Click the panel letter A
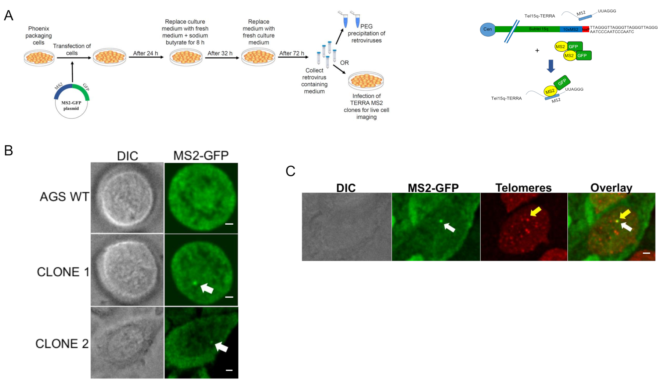point(8,15)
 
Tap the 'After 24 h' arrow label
point(145,53)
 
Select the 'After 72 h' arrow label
point(292,53)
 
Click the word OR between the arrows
point(344,63)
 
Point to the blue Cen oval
point(488,29)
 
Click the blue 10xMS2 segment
point(570,29)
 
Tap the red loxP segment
point(586,29)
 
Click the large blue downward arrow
point(551,66)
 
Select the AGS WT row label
point(64,197)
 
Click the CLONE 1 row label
point(63,272)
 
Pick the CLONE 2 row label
point(62,344)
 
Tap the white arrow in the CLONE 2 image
point(221,346)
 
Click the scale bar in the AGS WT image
point(229,224)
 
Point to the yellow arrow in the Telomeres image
point(536,211)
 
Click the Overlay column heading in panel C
point(611,188)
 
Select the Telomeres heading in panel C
point(523,188)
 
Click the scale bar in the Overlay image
point(647,253)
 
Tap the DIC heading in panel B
point(127,156)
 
